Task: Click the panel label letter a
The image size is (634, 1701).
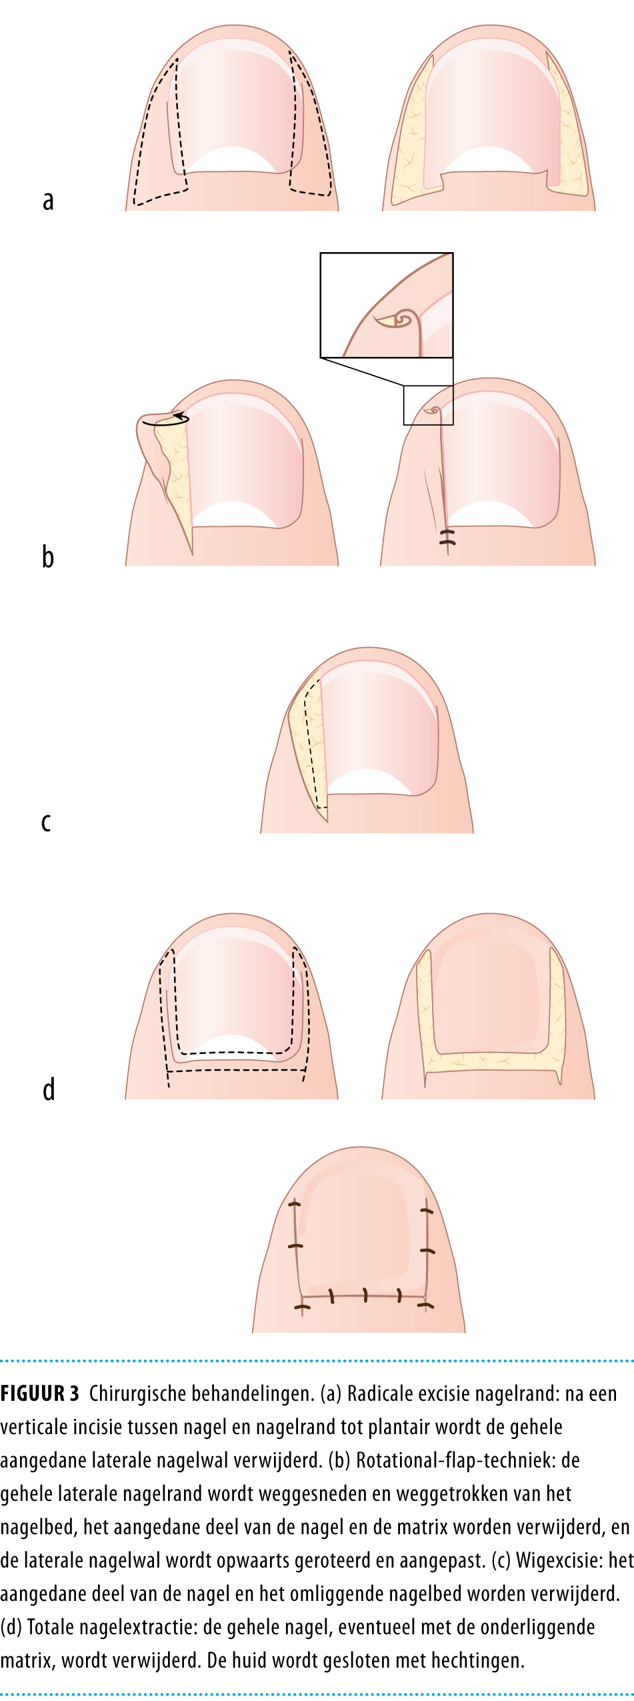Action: (48, 201)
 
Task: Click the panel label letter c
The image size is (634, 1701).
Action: (46, 822)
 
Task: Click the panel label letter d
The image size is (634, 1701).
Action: (49, 1089)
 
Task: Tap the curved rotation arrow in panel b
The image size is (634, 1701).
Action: (165, 420)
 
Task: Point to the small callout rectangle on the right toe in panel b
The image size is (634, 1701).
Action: (428, 405)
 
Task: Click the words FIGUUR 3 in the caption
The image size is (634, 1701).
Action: (40, 1394)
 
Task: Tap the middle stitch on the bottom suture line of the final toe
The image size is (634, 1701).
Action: (365, 1295)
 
